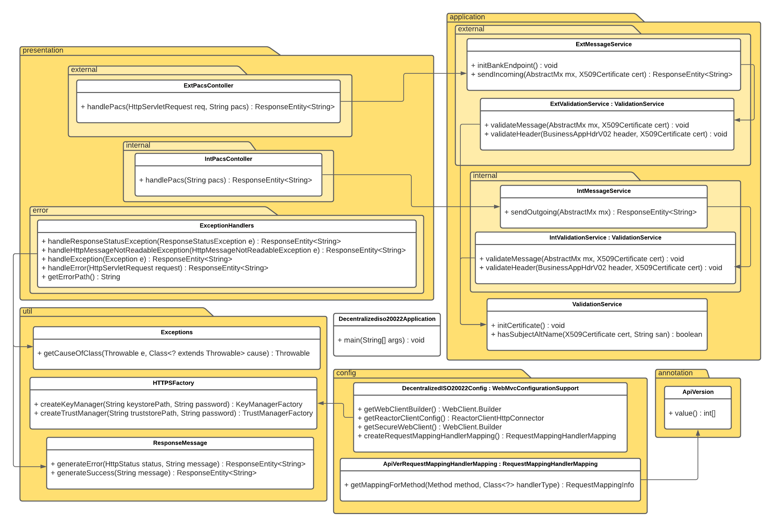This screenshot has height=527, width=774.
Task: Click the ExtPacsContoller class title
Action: click(x=208, y=86)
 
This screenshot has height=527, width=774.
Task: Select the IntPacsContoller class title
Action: click(x=228, y=159)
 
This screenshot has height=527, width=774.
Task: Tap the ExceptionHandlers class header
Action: click(x=227, y=226)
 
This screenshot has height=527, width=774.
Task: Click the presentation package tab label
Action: click(x=43, y=50)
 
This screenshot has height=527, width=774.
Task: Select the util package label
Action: click(x=27, y=311)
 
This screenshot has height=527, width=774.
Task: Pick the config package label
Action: click(x=346, y=373)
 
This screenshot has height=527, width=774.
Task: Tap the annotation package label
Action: click(x=675, y=373)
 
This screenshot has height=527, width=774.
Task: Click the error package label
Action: click(x=40, y=210)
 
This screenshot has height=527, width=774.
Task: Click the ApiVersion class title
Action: click(x=698, y=392)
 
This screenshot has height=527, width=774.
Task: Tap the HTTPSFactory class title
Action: click(x=173, y=383)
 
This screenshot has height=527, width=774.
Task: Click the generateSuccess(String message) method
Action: click(x=156, y=473)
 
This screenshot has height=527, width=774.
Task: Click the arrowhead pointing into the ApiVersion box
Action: click(x=698, y=433)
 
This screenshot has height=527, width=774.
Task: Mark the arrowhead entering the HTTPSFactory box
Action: click(x=321, y=403)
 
